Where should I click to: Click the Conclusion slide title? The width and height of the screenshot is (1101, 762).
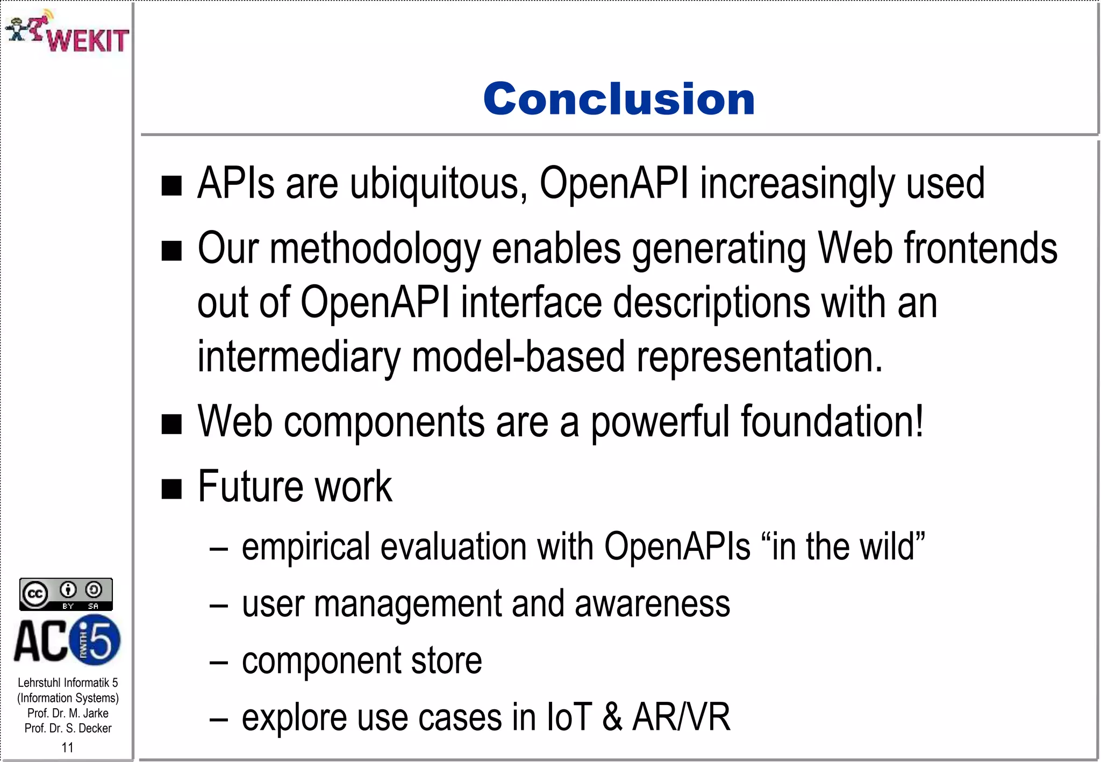619,99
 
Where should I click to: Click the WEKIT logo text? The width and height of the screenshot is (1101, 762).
88,40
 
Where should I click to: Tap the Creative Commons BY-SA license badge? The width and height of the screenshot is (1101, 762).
66,594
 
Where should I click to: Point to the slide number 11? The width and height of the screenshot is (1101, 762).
67,747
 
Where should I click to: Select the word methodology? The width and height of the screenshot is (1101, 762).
375,249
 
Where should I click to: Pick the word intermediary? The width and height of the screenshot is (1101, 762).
298,357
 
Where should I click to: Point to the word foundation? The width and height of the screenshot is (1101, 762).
832,422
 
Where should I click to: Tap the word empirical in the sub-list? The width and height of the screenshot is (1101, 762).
306,547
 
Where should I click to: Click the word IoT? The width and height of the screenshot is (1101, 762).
569,718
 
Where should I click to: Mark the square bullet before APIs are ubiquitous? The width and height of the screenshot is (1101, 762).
171,186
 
